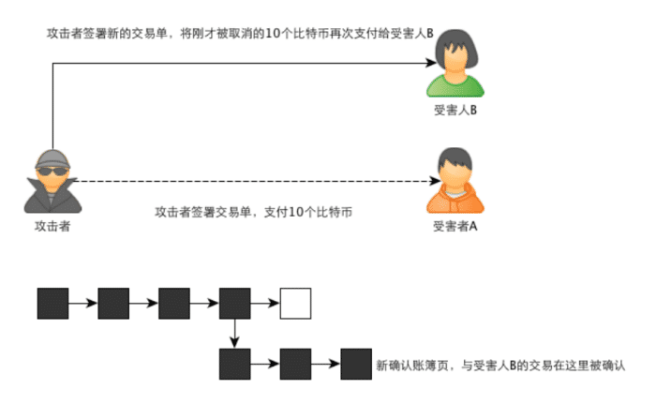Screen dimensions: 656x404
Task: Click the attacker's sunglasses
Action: (52, 172)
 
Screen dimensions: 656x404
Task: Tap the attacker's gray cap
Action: (52, 158)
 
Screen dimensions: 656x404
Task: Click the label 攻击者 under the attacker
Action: (52, 226)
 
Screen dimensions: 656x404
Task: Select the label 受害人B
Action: (455, 110)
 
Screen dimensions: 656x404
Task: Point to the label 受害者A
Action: (455, 226)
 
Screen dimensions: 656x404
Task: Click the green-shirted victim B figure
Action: (455, 63)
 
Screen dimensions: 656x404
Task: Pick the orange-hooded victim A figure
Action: (455, 180)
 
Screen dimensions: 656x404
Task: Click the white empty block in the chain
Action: (295, 304)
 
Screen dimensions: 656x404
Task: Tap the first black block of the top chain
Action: (52, 304)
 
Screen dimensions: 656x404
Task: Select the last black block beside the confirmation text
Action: (356, 365)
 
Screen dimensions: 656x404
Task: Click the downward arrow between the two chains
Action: (234, 334)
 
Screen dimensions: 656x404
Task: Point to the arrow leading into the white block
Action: (265, 303)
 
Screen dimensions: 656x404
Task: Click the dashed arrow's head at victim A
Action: (435, 181)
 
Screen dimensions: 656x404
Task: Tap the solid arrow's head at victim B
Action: (431, 63)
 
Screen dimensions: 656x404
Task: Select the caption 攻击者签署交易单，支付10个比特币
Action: (254, 212)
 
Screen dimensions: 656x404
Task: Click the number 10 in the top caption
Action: (273, 33)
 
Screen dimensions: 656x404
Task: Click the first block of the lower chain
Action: (234, 365)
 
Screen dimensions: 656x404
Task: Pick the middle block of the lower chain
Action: (295, 365)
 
